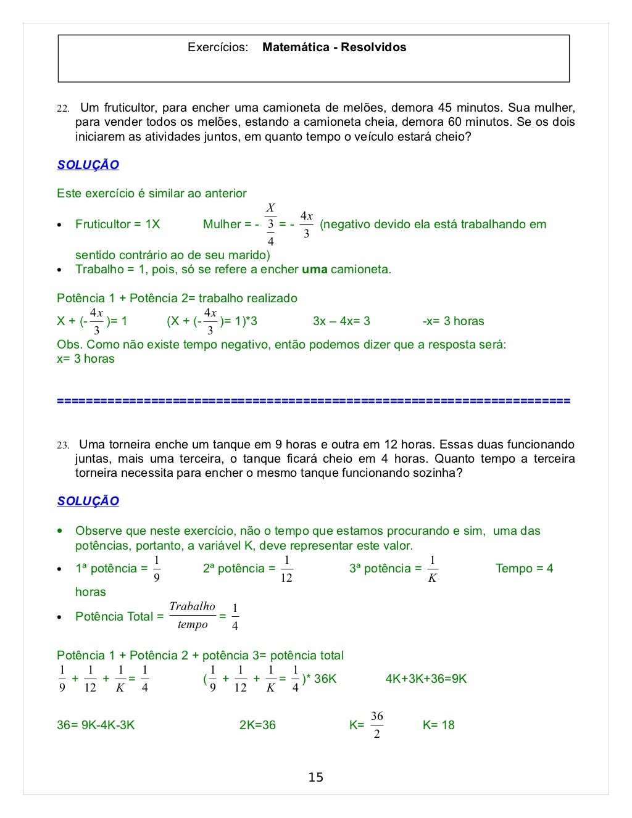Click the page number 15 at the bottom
(x=315, y=777)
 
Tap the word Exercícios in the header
(x=218, y=48)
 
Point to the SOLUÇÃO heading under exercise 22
(x=88, y=165)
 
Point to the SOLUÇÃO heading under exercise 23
(x=88, y=501)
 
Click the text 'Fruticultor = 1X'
(x=117, y=224)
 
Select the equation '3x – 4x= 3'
(x=341, y=321)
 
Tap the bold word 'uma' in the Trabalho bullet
(x=314, y=269)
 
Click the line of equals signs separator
(x=314, y=401)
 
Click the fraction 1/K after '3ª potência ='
(x=432, y=569)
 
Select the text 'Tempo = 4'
(x=524, y=568)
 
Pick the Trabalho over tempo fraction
(x=192, y=616)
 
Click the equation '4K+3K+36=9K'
(x=426, y=679)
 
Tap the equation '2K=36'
(x=257, y=725)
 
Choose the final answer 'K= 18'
(x=438, y=725)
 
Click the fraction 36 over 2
(x=376, y=725)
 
